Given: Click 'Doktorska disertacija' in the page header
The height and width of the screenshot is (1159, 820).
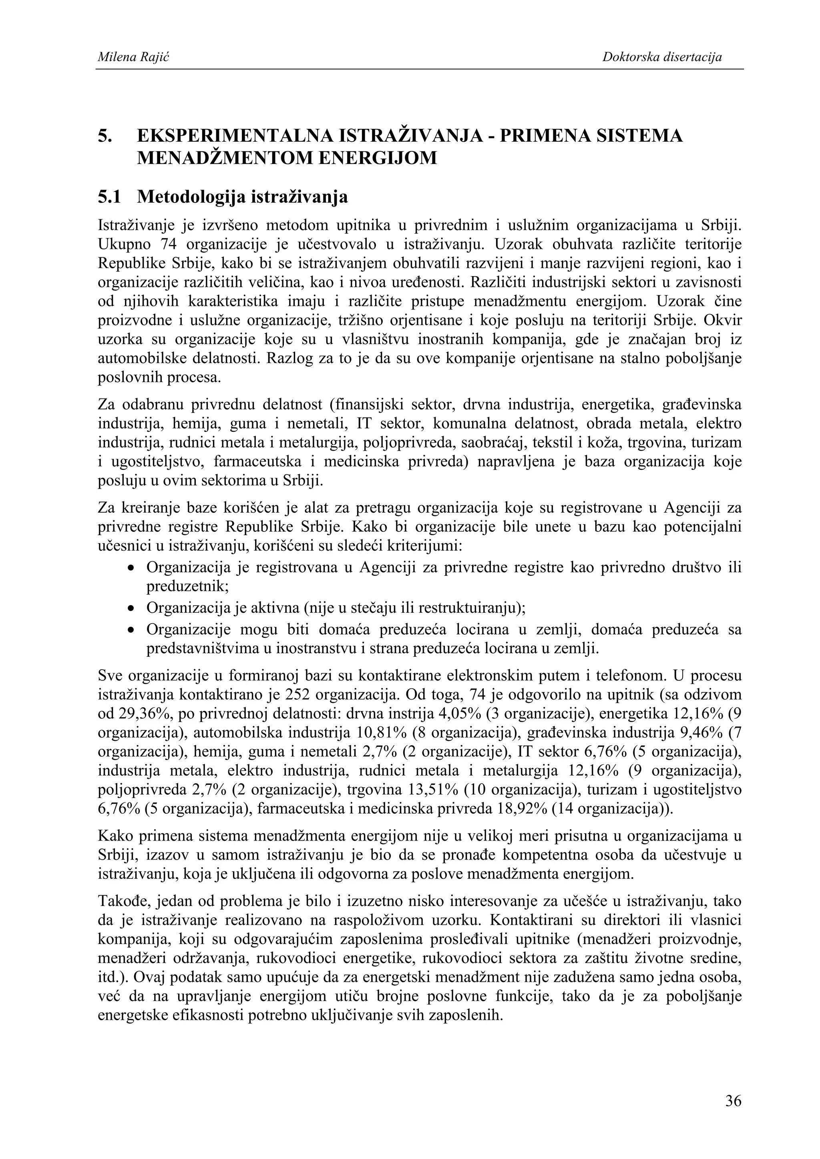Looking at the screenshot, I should pyautogui.click(x=661, y=58).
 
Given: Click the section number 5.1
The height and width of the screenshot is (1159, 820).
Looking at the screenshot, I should pyautogui.click(x=109, y=197).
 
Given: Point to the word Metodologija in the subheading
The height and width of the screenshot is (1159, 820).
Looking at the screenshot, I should pyautogui.click(x=191, y=197).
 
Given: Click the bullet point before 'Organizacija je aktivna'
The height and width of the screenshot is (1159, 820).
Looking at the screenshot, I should pyautogui.click(x=131, y=609).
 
